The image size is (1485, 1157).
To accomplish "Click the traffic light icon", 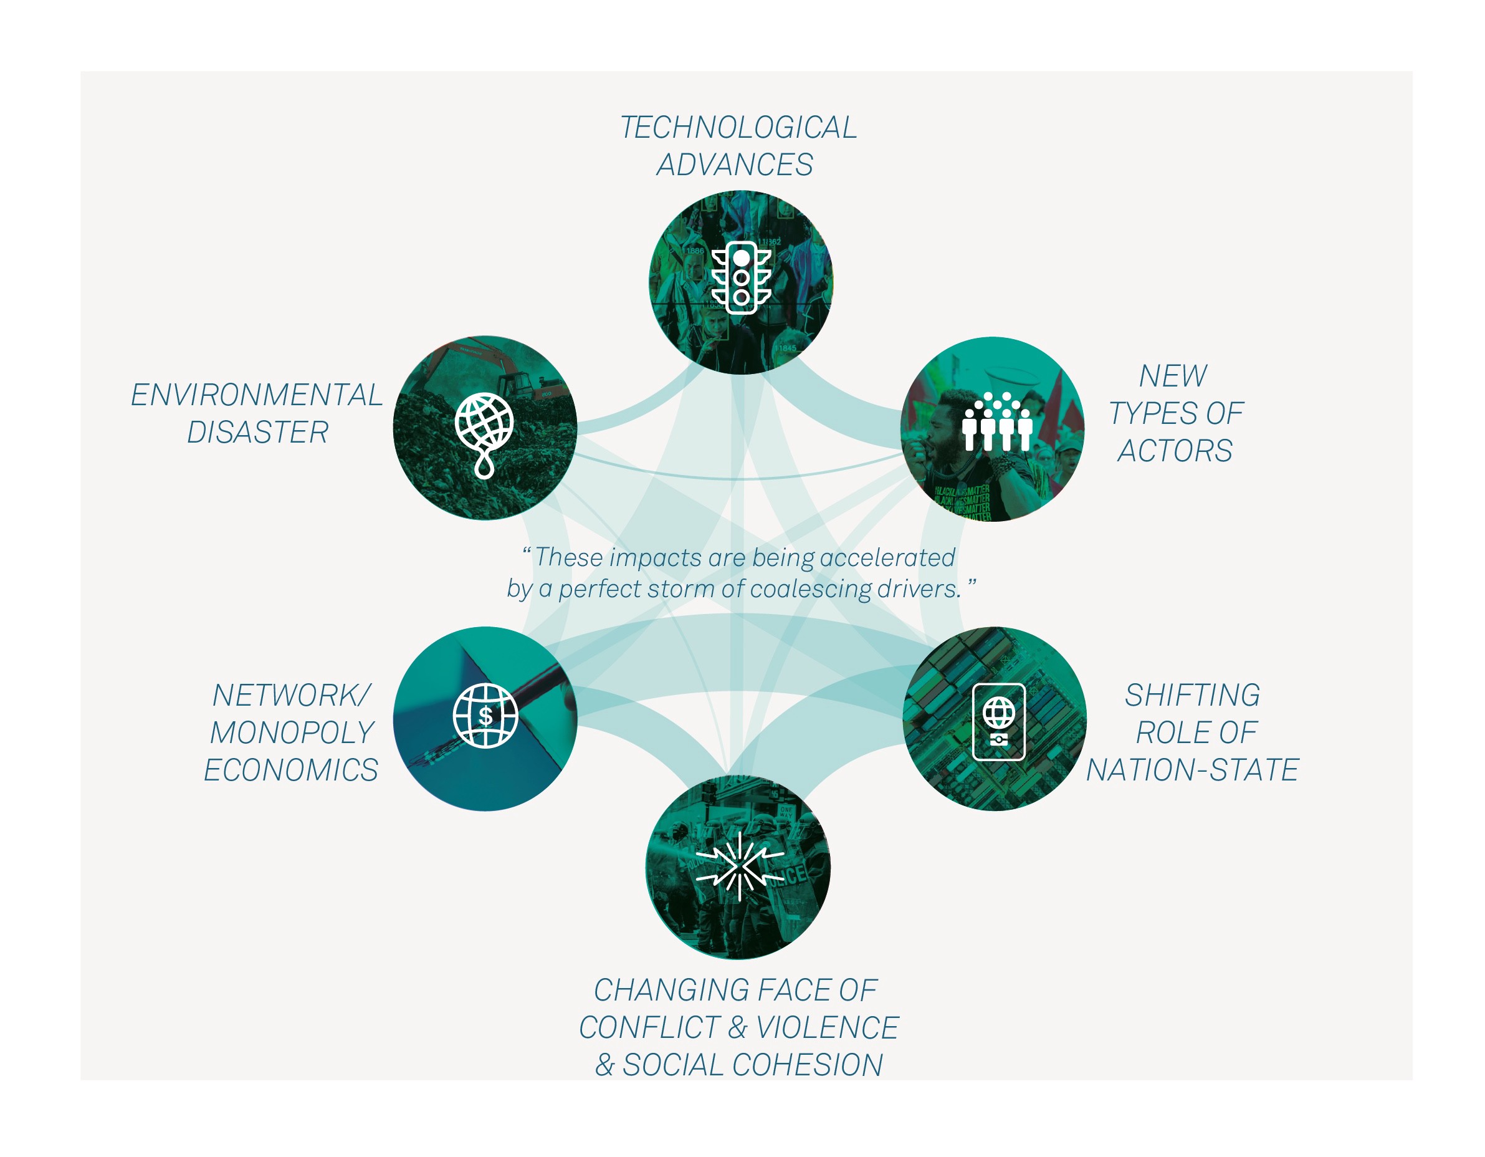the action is (741, 277).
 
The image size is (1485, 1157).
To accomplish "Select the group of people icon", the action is (998, 421).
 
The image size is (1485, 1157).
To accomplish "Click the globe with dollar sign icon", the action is (485, 716).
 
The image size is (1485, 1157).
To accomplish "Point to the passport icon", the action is (999, 722).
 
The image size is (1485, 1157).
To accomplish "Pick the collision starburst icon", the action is (740, 867).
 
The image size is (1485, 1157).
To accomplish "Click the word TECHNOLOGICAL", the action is (738, 128).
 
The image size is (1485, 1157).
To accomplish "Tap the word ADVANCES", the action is (734, 165).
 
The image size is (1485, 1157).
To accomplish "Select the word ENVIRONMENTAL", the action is (256, 395).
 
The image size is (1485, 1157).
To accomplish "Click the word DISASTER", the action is (258, 433).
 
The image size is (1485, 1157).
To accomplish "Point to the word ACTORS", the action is (1175, 451).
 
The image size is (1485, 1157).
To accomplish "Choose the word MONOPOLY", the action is (292, 733).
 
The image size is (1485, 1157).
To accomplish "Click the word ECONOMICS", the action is (291, 771).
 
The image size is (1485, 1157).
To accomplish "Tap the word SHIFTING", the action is (1192, 696).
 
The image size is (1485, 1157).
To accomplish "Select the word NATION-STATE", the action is (1192, 771).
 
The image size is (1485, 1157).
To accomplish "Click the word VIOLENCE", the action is (828, 1028).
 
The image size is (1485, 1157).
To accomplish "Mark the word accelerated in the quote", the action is (887, 558).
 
